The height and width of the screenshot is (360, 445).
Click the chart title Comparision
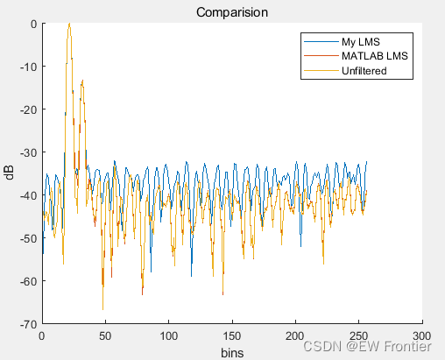pyautogui.click(x=231, y=12)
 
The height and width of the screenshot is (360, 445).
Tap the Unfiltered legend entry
pyautogui.click(x=364, y=71)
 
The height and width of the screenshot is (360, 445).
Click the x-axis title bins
pyautogui.click(x=231, y=352)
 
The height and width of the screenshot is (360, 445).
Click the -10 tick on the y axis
pyautogui.click(x=27, y=67)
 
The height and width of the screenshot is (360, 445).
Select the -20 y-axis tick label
pyautogui.click(x=27, y=109)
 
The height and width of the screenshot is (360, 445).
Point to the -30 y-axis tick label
pyautogui.click(x=27, y=152)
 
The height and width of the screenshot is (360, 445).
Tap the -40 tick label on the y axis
pyautogui.click(x=27, y=195)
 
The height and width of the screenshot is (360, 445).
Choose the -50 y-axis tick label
pyautogui.click(x=27, y=238)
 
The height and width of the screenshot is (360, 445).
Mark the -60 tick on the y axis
pyautogui.click(x=27, y=281)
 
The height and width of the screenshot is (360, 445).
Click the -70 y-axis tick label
pyautogui.click(x=27, y=324)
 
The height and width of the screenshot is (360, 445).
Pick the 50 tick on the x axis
pyautogui.click(x=105, y=335)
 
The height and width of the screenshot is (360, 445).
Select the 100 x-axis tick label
pyautogui.click(x=168, y=335)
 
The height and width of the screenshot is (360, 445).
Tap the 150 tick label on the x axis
pyautogui.click(x=232, y=335)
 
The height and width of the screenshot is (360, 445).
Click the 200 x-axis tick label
pyautogui.click(x=295, y=335)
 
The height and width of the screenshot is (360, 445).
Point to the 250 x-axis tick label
pyautogui.click(x=359, y=335)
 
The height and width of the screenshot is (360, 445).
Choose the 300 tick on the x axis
pyautogui.click(x=422, y=335)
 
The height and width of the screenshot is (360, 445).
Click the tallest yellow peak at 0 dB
pyautogui.click(x=68, y=25)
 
